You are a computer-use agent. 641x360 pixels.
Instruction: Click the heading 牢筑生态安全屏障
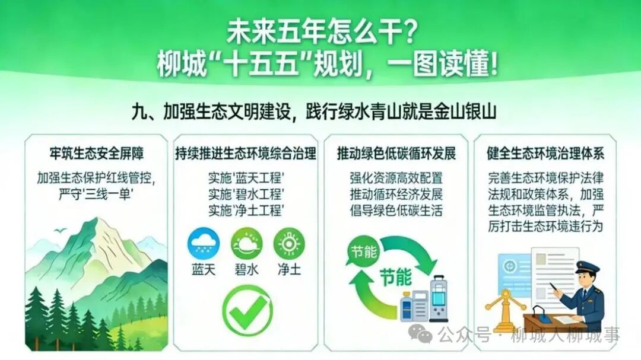point(97,154)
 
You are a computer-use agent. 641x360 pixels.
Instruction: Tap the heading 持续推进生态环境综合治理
point(246,154)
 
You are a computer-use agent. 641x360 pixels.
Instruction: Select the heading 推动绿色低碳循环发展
point(396,154)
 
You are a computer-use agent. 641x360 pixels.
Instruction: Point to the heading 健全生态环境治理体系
point(545,154)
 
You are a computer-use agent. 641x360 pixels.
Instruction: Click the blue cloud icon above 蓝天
point(203,244)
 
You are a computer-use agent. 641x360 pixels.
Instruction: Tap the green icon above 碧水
point(246,244)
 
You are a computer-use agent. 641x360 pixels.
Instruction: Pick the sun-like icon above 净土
point(289,244)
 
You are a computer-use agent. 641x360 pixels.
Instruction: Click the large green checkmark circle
point(247,308)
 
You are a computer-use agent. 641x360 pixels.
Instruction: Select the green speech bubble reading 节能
point(363,251)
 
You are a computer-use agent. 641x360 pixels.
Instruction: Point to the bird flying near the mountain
point(60,231)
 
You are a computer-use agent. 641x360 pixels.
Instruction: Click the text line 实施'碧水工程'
point(246,194)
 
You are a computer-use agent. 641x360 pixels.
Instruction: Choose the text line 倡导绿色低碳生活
point(396,211)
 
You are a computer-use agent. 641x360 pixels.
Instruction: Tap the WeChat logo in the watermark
point(420,334)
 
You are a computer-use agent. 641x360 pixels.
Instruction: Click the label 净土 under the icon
point(289,270)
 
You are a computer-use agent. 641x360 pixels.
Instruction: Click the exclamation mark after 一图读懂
point(494,63)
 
